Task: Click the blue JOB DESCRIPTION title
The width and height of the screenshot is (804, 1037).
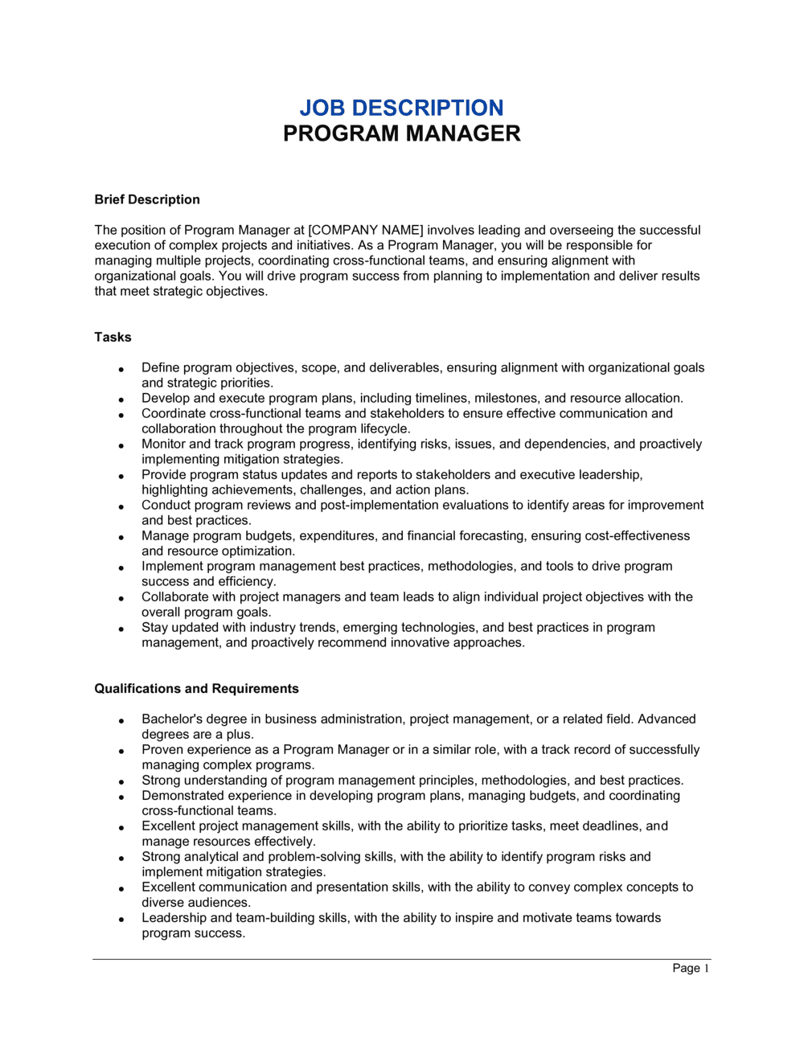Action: coord(401,108)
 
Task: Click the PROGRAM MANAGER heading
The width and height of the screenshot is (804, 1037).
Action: coord(401,133)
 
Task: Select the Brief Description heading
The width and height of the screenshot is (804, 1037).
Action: coord(147,199)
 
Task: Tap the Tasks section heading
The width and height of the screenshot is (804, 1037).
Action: coord(113,337)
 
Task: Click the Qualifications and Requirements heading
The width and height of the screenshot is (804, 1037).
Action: coord(196,688)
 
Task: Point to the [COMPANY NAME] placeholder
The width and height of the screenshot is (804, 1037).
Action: coord(366,230)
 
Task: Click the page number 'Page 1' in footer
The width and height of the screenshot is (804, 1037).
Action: coord(691,968)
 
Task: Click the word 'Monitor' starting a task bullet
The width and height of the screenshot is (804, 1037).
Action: coord(164,444)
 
